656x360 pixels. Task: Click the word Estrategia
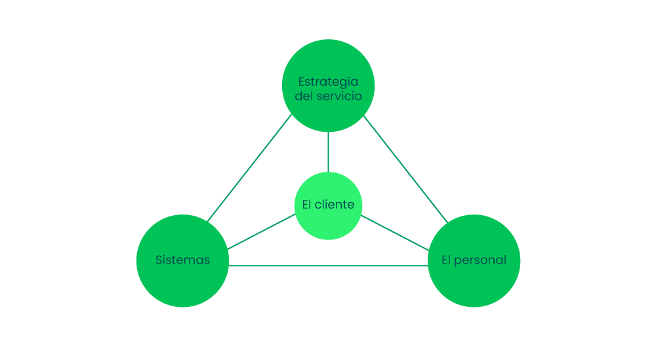[328, 82]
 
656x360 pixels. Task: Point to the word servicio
[338, 96]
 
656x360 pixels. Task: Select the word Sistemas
[182, 260]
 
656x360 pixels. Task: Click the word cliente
[335, 205]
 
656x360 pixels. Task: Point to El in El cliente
[306, 205]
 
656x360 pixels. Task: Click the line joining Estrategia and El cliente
[328, 151]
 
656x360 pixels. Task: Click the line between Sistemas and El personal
[328, 266]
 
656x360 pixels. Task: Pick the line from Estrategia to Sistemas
[249, 169]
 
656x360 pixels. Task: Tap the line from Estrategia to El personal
[405, 169]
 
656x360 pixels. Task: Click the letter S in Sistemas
[159, 260]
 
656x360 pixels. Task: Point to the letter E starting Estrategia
[301, 82]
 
